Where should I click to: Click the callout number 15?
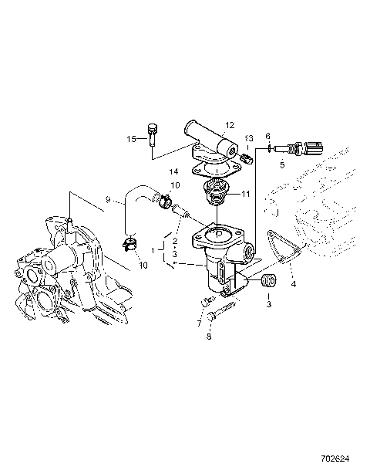[132, 139]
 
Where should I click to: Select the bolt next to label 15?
[151, 136]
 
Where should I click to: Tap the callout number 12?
[229, 124]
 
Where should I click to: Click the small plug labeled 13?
[247, 157]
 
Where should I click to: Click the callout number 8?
[208, 337]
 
